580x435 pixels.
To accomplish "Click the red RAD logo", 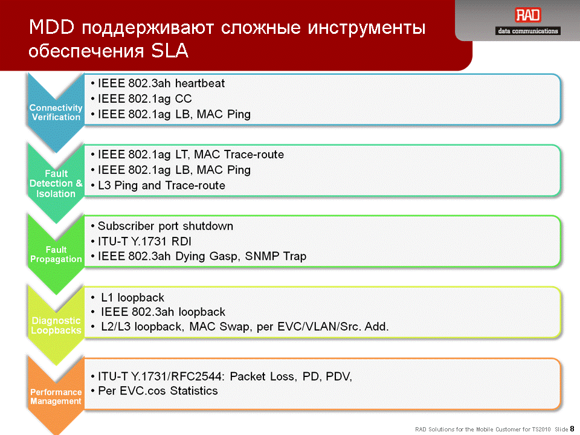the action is point(528,15).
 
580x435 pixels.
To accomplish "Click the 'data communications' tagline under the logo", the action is point(528,31).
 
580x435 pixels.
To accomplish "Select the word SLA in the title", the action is point(170,50).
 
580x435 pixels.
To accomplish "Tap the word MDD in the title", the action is point(51,27).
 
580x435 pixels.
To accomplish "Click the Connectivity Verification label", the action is point(56,112).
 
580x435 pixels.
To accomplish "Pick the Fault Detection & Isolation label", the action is point(56,184).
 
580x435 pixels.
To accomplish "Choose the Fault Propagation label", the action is point(56,254).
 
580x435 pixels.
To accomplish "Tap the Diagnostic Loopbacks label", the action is point(56,326).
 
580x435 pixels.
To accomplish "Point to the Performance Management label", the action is point(56,396).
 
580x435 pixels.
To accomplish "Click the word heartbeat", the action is point(200,83).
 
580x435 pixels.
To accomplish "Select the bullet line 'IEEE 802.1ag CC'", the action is point(141,98).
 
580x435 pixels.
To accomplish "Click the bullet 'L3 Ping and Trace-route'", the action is point(158,185).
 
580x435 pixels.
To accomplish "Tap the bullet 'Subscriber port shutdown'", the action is point(162,226).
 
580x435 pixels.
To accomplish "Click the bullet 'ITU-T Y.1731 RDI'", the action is point(141,242).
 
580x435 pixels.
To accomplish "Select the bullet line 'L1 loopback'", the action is point(127,297).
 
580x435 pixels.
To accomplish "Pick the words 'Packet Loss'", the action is point(262,376).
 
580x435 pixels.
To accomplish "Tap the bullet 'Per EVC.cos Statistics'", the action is point(154,391).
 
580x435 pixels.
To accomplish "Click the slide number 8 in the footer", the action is point(572,429).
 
